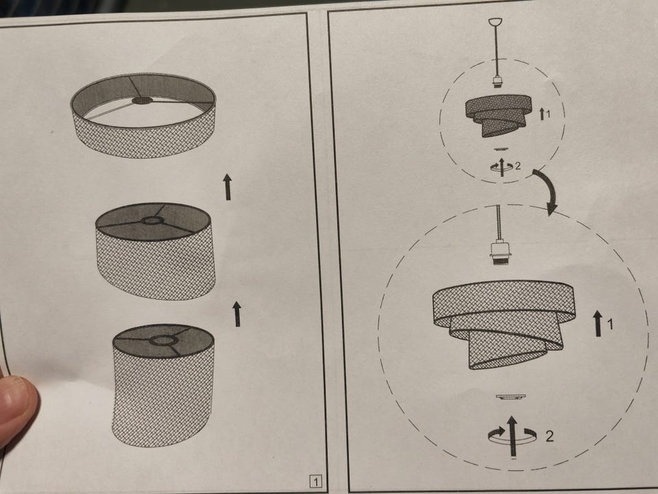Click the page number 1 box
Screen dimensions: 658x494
316,482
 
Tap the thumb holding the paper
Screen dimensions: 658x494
16,410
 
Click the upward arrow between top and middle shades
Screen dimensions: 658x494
228,187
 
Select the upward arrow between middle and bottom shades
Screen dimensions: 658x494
237,314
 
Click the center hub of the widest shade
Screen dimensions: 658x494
143,100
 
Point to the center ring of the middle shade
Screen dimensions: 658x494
152,221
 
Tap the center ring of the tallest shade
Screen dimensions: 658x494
163,340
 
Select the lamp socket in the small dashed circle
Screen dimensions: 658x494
498,82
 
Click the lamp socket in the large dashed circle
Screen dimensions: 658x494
500,253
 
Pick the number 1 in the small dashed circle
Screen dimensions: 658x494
548,113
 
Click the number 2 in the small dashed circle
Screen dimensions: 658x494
517,166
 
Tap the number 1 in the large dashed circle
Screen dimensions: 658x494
610,324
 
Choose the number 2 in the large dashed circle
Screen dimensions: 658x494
549,436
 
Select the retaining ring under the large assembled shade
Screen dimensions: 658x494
510,397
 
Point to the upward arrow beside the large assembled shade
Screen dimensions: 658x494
598,323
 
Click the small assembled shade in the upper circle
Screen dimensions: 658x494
498,115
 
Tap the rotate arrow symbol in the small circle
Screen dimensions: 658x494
502,166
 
